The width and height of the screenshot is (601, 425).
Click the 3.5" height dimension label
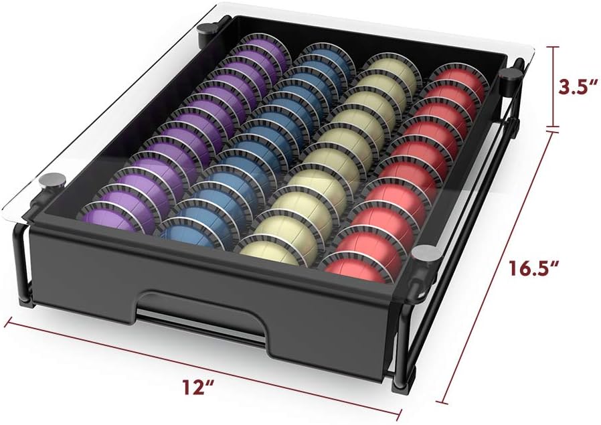tap(576, 87)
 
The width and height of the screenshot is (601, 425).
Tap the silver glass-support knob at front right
tap(424, 254)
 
